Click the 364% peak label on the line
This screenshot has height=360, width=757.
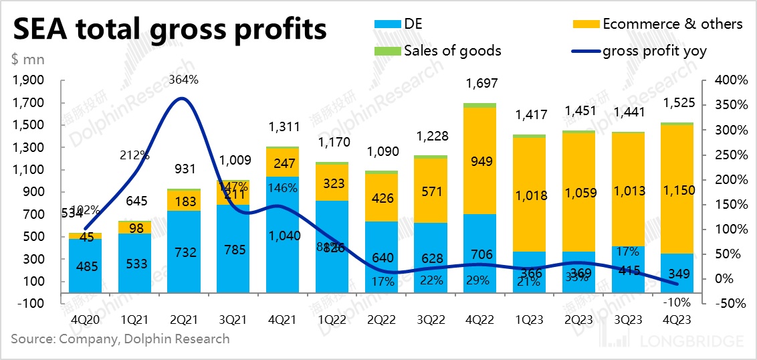185,80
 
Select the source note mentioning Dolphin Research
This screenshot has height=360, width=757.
120,339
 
